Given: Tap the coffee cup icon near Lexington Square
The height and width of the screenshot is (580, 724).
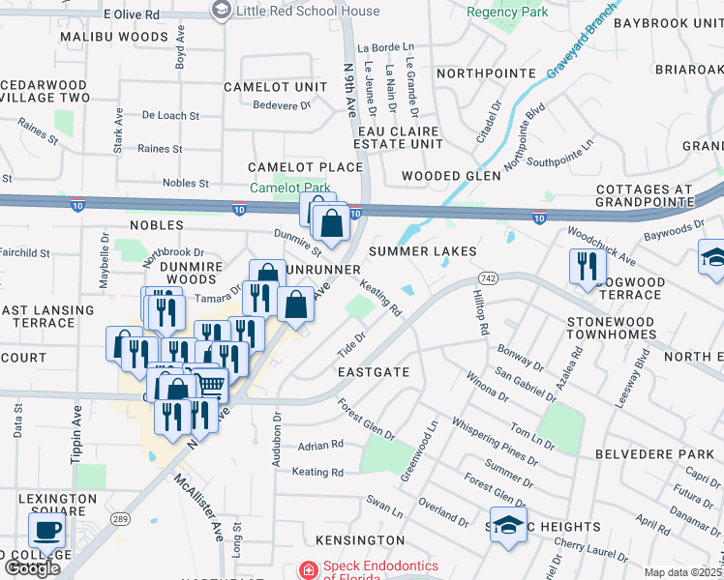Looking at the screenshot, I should coord(47,530).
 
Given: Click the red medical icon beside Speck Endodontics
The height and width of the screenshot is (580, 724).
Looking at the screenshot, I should coord(308,571).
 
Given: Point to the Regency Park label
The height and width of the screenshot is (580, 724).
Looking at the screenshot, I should coord(507,13).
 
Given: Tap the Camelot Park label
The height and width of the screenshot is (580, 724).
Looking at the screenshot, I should coord(290,188).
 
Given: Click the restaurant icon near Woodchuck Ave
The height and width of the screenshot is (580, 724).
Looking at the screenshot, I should coord(587,267).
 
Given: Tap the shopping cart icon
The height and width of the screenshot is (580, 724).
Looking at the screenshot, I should coord(210,386).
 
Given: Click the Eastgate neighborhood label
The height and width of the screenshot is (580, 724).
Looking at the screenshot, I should coord(374,371).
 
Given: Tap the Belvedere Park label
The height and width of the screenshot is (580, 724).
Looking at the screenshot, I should coord(667,453).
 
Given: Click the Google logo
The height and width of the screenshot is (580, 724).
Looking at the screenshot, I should coord(32,568).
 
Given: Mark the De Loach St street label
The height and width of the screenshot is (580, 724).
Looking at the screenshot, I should coord(170,115).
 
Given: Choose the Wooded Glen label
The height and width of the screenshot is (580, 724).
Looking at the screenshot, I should coord(452,176).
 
